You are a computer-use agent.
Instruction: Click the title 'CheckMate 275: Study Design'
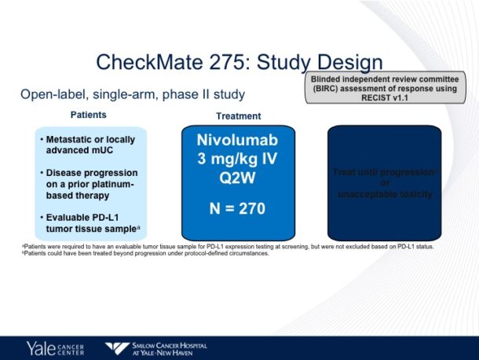click(x=239, y=62)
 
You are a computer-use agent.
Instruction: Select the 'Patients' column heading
click(x=89, y=115)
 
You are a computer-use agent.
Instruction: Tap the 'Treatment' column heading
click(x=238, y=116)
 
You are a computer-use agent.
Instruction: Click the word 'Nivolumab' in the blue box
click(x=237, y=140)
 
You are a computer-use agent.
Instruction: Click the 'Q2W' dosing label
click(x=237, y=177)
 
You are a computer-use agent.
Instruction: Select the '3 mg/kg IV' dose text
click(x=237, y=159)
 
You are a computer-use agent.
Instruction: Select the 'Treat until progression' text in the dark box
click(x=383, y=172)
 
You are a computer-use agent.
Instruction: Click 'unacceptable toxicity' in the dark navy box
click(x=384, y=194)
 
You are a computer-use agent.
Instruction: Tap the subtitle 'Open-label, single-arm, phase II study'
click(x=133, y=94)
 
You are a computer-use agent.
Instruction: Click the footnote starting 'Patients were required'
click(x=228, y=247)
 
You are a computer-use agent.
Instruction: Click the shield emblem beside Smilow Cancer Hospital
click(x=119, y=347)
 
